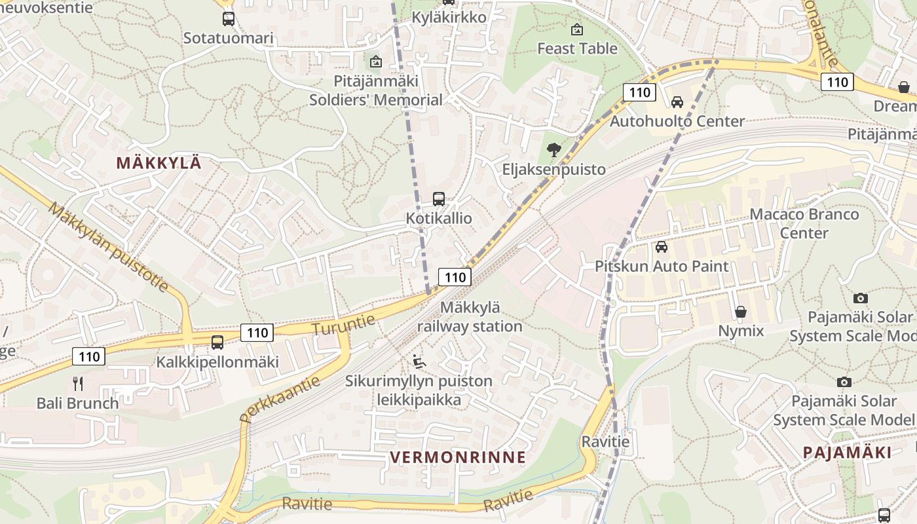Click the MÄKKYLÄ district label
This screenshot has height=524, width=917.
pyautogui.click(x=159, y=164)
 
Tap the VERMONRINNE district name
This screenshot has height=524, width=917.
pyautogui.click(x=458, y=457)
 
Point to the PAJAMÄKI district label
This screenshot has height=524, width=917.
pyautogui.click(x=847, y=453)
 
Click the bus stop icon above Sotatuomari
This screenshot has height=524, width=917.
pyautogui.click(x=228, y=19)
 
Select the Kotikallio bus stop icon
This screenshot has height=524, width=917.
pyautogui.click(x=439, y=199)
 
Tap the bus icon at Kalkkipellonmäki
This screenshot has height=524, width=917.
pyautogui.click(x=217, y=342)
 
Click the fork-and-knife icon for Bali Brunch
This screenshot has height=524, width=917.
pyautogui.click(x=78, y=383)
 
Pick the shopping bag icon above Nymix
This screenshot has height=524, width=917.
pyautogui.click(x=741, y=311)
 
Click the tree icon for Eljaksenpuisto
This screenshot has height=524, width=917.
pyautogui.click(x=554, y=150)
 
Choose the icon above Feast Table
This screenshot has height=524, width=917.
pyautogui.click(x=577, y=29)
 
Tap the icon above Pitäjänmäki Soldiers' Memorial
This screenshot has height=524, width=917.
pyautogui.click(x=376, y=62)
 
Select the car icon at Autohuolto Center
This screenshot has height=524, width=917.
pyautogui.click(x=677, y=102)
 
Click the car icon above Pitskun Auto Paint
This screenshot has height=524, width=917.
pyautogui.click(x=662, y=247)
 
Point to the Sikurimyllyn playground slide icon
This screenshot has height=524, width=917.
pyautogui.click(x=419, y=361)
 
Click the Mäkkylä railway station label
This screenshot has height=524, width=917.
pyautogui.click(x=470, y=316)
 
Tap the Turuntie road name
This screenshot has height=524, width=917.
pyautogui.click(x=344, y=324)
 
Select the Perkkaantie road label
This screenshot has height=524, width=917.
pyautogui.click(x=280, y=398)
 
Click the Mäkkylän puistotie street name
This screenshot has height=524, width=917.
pyautogui.click(x=109, y=246)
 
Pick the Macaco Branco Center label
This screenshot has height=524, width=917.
pyautogui.click(x=804, y=223)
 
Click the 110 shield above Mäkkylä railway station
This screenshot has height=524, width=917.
pyautogui.click(x=455, y=277)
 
